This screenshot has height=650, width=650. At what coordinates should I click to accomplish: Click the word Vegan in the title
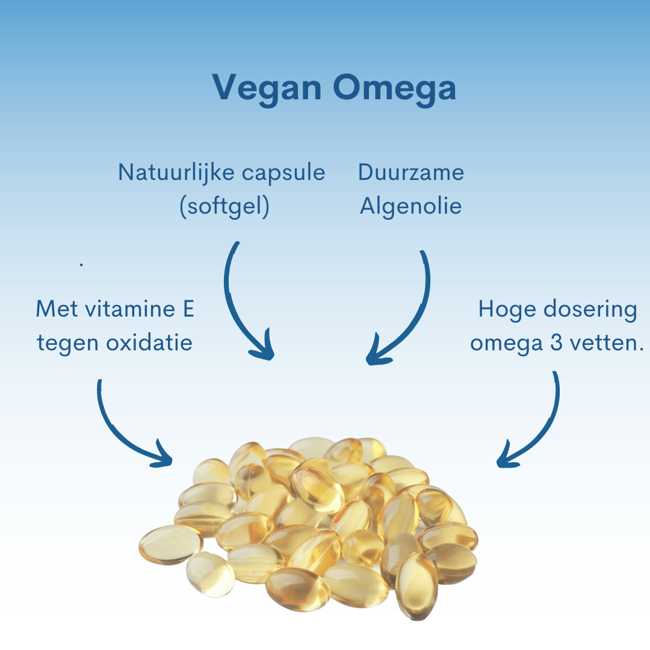[267, 88]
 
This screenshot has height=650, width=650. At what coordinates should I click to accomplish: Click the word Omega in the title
[394, 88]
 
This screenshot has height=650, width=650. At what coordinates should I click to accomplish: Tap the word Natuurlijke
[176, 173]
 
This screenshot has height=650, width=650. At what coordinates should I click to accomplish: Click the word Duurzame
[411, 173]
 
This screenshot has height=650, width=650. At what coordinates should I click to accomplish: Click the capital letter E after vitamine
[188, 309]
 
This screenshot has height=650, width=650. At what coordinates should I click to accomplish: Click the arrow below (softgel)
[235, 308]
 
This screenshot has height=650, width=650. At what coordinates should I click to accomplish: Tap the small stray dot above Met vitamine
[82, 264]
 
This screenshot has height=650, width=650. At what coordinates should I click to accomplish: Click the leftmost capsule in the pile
[170, 544]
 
